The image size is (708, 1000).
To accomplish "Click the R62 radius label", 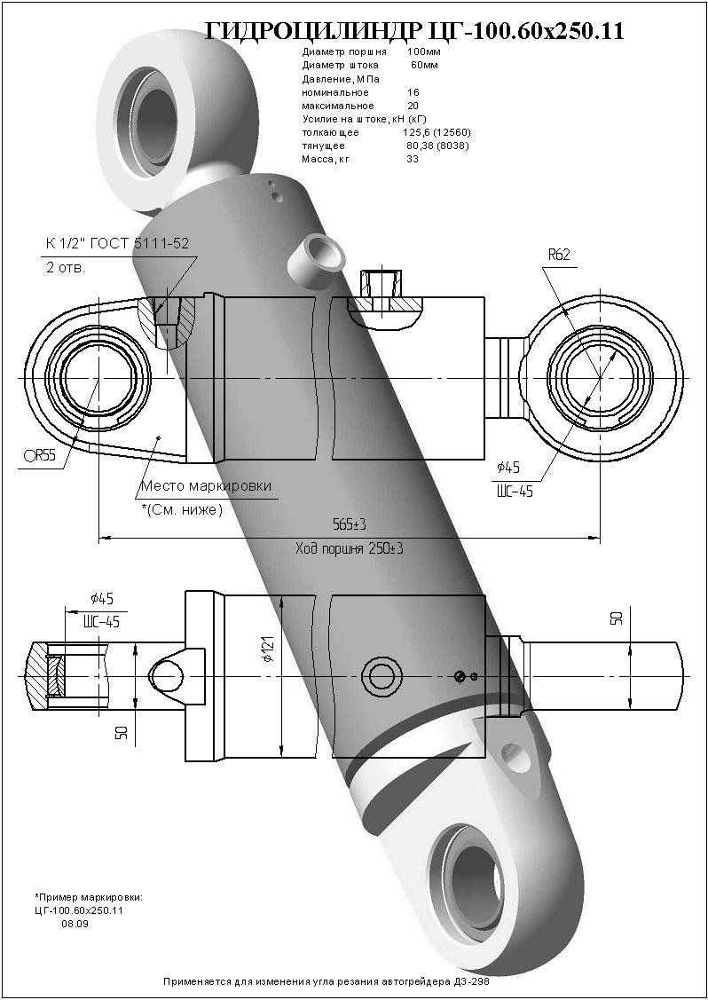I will click(558, 255).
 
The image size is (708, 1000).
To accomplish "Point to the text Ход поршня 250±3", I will click(349, 549).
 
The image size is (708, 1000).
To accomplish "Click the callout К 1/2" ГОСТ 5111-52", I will click(117, 243).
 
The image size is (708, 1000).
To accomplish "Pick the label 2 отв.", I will click(66, 268).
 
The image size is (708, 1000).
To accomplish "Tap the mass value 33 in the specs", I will click(413, 160).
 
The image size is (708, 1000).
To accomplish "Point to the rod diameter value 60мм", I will click(424, 66).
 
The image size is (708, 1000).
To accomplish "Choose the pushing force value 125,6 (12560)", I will click(436, 132).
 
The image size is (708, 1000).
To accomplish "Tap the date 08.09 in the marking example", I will click(75, 924).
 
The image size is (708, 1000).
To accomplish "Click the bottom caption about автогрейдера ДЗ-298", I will click(326, 983).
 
